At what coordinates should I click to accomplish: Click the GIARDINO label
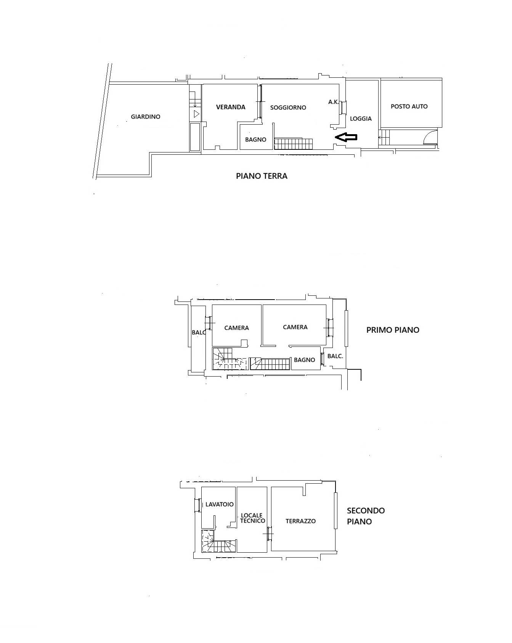(146, 117)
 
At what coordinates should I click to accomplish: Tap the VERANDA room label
(231, 107)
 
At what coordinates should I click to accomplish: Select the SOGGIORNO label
(288, 107)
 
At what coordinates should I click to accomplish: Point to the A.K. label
(334, 102)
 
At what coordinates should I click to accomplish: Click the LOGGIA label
(361, 119)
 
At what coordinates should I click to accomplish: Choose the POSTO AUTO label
(409, 106)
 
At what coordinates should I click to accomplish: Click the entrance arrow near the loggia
(346, 137)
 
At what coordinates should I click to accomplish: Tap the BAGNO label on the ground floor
(256, 140)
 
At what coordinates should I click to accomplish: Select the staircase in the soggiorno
(294, 144)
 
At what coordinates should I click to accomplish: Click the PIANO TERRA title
(262, 176)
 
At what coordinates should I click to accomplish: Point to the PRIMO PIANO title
(393, 330)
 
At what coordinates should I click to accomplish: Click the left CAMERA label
(236, 328)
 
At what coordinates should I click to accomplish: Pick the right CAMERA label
(295, 327)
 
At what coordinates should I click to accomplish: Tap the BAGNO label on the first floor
(305, 360)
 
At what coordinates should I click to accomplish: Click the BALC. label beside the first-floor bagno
(335, 356)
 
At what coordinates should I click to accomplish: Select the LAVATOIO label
(219, 504)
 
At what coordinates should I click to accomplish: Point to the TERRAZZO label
(301, 521)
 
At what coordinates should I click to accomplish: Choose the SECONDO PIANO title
(366, 516)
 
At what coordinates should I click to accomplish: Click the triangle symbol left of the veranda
(196, 114)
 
